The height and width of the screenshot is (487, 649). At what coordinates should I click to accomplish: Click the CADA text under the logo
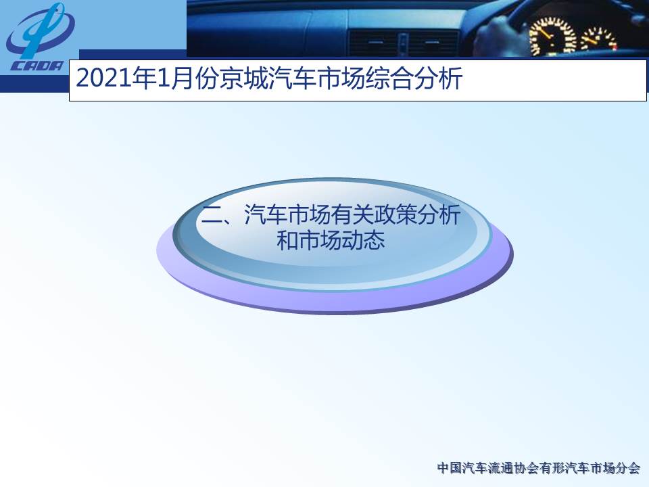37,66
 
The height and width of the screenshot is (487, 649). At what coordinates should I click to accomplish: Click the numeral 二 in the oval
212,215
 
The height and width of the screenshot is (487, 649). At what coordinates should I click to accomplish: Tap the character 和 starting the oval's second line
287,240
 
